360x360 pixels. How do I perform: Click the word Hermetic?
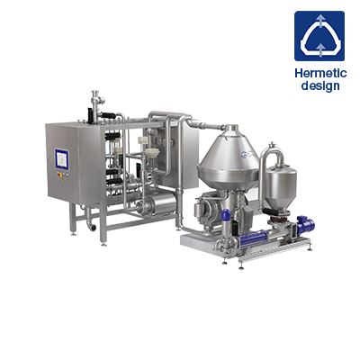(320, 73)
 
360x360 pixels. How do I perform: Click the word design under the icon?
(320, 85)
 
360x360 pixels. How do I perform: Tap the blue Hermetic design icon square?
(319, 36)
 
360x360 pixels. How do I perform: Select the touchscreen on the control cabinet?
(62, 159)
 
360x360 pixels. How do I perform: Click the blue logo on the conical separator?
(248, 154)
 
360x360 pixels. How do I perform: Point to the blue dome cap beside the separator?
(226, 215)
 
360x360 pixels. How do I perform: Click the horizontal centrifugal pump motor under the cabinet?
(159, 203)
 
